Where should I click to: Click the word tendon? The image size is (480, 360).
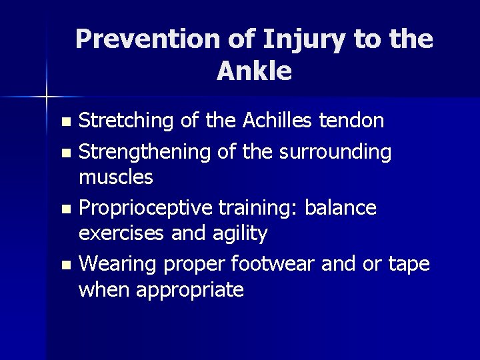pyautogui.click(x=351, y=121)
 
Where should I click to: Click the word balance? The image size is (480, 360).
pyautogui.click(x=340, y=208)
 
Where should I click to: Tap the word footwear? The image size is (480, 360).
pyautogui.click(x=273, y=265)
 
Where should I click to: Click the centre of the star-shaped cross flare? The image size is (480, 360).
pyautogui.click(x=46, y=97)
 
